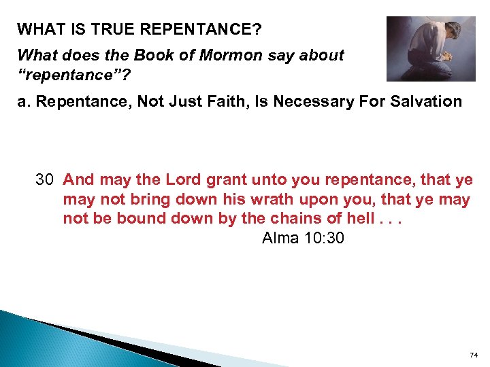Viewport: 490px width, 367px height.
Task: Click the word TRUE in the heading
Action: [x=99, y=29]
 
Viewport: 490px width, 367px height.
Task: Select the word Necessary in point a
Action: [x=293, y=101]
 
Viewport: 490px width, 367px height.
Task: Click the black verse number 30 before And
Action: [x=45, y=179]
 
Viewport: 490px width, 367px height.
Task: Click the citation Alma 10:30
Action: [x=303, y=239]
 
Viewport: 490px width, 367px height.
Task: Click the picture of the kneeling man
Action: [x=430, y=48]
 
